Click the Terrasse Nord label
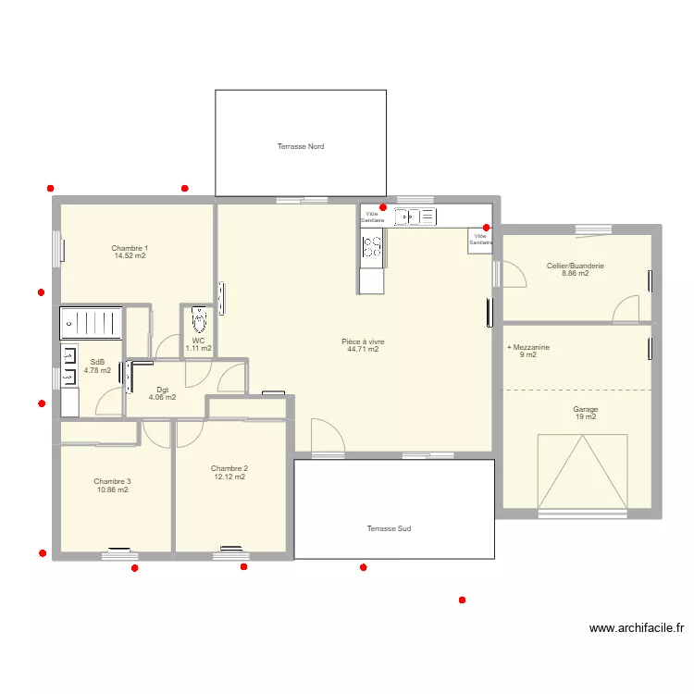point(301,146)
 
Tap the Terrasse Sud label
point(389,528)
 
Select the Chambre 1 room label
point(130,248)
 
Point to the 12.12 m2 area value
point(229,477)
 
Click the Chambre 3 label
point(112,481)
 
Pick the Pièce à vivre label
point(363,341)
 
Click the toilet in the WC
point(199,319)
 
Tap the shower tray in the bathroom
point(92,324)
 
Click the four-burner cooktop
point(372,247)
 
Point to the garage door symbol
point(582,471)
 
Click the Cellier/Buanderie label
point(576,266)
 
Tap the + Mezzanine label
point(528,347)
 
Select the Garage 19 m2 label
point(586,413)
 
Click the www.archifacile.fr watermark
point(637,628)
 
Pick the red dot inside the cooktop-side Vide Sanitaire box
point(383,207)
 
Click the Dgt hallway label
point(163,390)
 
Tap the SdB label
point(97,362)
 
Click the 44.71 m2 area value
point(363,349)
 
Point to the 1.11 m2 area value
point(199,348)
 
